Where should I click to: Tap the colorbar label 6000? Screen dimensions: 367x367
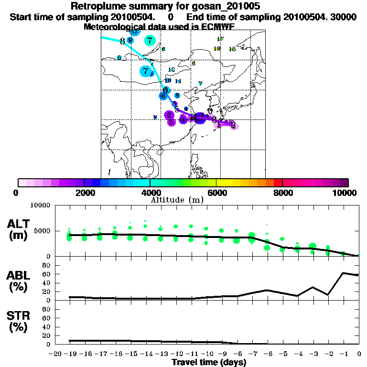(x=216, y=193)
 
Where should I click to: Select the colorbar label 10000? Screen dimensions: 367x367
(x=345, y=193)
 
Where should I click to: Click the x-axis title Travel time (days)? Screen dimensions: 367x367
(x=209, y=362)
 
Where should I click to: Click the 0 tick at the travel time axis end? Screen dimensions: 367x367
(x=359, y=354)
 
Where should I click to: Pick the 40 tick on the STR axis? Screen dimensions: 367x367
(x=46, y=326)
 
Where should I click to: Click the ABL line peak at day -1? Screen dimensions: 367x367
(x=344, y=273)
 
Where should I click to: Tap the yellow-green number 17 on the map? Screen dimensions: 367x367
(x=220, y=39)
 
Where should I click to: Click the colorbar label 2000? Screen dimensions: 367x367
(x=84, y=193)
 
